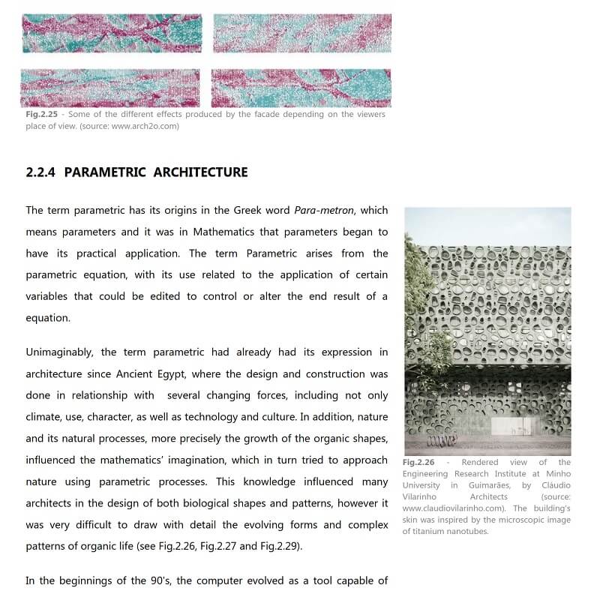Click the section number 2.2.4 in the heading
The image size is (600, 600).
tap(41, 172)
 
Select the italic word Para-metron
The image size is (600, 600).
tap(323, 211)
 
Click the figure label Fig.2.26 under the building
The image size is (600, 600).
tap(418, 463)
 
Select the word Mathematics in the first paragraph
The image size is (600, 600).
tap(234, 232)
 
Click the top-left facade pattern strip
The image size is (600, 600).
tap(111, 34)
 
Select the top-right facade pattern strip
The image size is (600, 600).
tap(302, 34)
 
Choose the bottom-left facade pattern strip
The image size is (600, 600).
tap(110, 88)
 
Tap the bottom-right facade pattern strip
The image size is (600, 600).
tap(301, 88)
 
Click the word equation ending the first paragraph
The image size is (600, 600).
tap(48, 318)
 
